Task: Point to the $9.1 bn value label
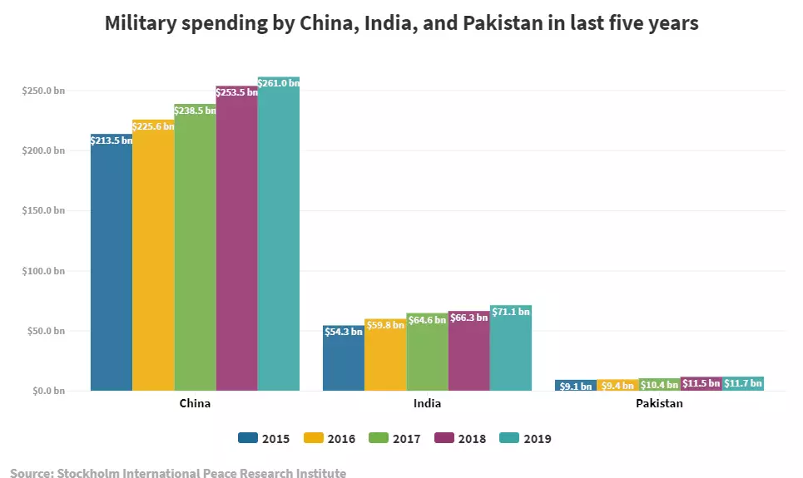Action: tap(576, 386)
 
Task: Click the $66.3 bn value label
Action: tap(468, 317)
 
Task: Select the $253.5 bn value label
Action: tap(236, 92)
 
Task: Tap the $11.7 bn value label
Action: tap(743, 383)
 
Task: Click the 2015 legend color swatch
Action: tap(248, 438)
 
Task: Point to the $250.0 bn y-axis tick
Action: tap(43, 91)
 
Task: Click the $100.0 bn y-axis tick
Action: tap(43, 271)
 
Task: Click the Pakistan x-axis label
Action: tap(659, 404)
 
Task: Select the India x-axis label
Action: tap(427, 404)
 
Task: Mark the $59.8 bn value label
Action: tap(385, 325)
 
